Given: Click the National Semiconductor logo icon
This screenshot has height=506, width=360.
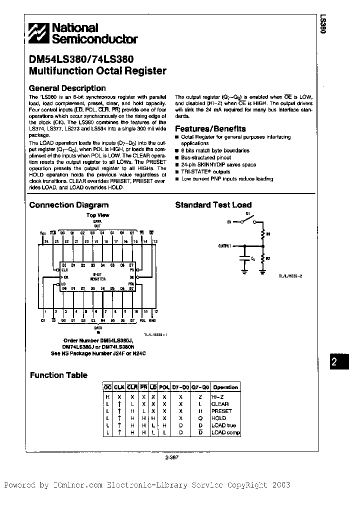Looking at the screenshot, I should (x=38, y=33).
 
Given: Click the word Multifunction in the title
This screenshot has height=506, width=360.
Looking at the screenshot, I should (x=58, y=70).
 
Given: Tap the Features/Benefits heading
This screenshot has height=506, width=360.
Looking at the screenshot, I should (x=210, y=128).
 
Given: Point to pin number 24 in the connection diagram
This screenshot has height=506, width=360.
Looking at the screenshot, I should (x=45, y=241).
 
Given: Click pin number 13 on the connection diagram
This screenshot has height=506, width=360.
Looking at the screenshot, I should (x=155, y=241).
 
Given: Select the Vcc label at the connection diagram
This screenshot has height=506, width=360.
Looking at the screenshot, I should (x=42, y=233).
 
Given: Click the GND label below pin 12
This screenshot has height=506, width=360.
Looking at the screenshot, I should (x=152, y=320).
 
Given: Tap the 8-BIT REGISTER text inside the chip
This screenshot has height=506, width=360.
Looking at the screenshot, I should (x=97, y=277).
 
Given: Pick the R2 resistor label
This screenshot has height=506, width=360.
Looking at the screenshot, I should (x=267, y=258).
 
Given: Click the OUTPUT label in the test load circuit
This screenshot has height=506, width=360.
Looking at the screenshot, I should (x=226, y=246).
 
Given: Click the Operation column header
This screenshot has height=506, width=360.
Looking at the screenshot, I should (x=225, y=387).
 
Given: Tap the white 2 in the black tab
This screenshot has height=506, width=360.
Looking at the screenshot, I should (x=334, y=363).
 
